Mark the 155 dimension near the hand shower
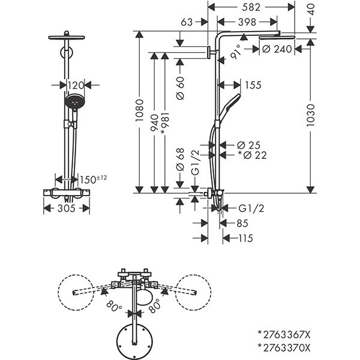coord(253,85)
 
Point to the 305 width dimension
coord(67,208)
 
